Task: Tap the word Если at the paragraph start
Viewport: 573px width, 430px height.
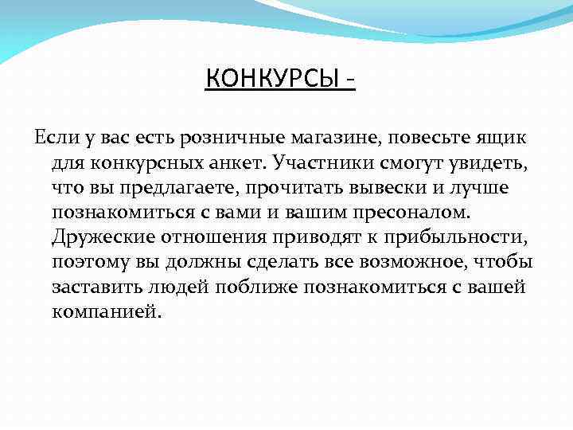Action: (x=54, y=138)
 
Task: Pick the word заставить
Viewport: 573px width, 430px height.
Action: (x=92, y=287)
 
